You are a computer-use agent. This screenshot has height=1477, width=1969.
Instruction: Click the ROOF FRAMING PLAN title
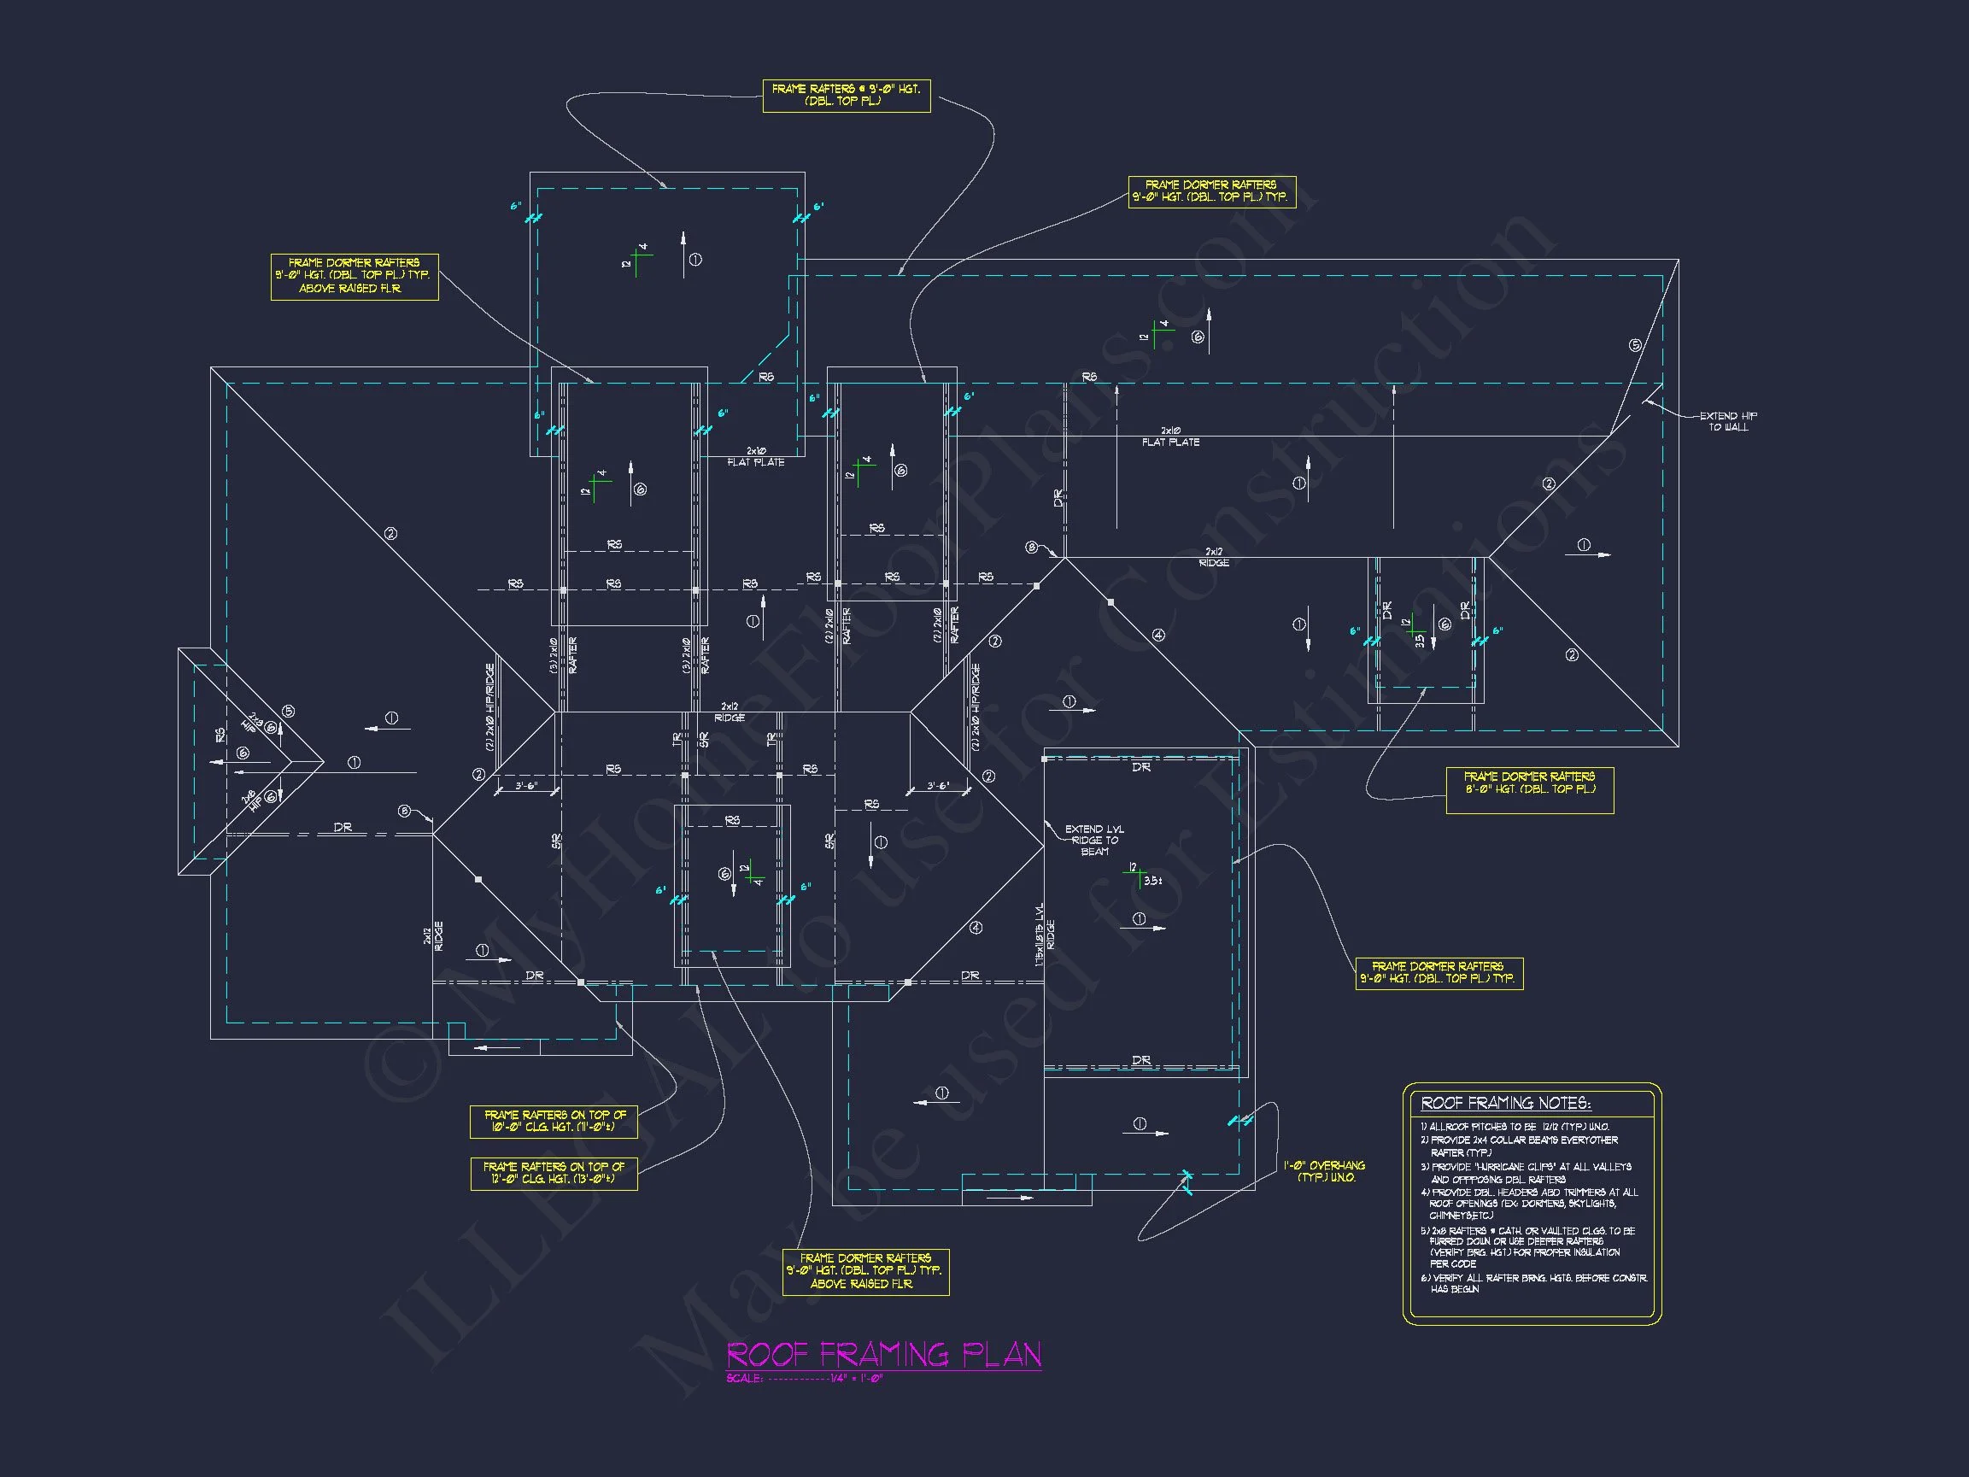[884, 1354]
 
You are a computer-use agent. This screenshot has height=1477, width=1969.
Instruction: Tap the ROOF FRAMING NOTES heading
[1505, 1103]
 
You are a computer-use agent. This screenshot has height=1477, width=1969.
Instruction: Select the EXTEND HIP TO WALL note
[1728, 421]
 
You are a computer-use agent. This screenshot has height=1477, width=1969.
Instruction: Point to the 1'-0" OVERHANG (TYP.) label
[1324, 1170]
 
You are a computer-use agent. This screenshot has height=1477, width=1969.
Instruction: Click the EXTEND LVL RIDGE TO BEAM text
[1094, 840]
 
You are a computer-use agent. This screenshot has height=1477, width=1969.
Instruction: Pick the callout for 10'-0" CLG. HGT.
[553, 1121]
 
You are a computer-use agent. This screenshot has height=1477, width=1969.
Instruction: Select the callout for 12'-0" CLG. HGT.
[553, 1173]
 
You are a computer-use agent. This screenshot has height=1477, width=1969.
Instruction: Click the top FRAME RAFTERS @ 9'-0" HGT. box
[846, 96]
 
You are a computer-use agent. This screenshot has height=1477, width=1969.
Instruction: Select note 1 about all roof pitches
[1513, 1126]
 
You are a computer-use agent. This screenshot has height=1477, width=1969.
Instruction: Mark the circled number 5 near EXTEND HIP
[1634, 345]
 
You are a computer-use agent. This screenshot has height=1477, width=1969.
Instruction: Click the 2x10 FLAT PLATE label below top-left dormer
[756, 457]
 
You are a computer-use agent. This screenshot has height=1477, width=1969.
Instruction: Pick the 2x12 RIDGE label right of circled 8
[1213, 557]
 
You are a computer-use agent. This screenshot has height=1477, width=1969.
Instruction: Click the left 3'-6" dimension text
[526, 786]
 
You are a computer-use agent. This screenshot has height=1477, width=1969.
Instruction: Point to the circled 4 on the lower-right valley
[976, 928]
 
